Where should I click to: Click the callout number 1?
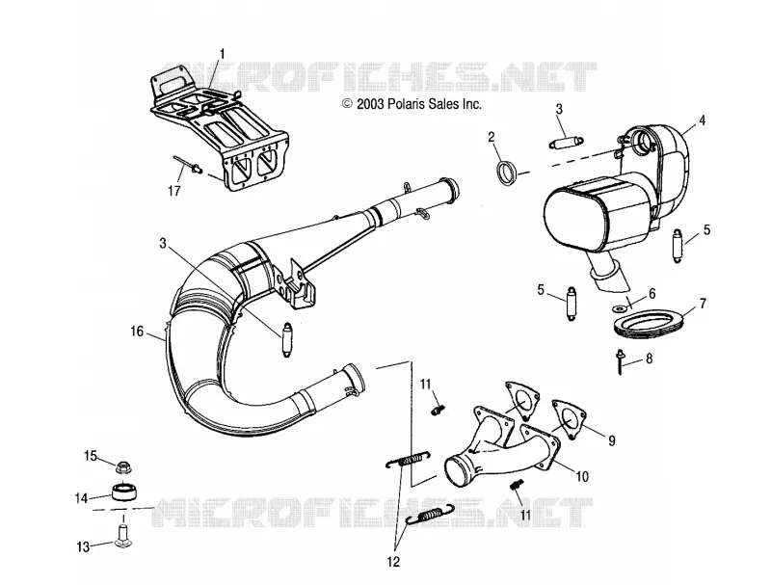(x=223, y=54)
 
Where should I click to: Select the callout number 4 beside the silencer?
(x=703, y=120)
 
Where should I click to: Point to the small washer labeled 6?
(x=617, y=308)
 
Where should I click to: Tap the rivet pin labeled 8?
(x=620, y=361)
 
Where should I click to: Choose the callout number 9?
(x=612, y=441)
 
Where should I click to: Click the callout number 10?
(x=582, y=476)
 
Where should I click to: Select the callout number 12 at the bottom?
(x=393, y=562)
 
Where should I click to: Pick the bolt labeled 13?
(x=123, y=537)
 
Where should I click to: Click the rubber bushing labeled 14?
(x=125, y=492)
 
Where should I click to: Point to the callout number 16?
(x=137, y=332)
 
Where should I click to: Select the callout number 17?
(x=174, y=190)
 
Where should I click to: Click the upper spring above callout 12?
(x=408, y=459)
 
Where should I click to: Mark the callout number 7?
(x=703, y=304)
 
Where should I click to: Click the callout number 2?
(x=492, y=137)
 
